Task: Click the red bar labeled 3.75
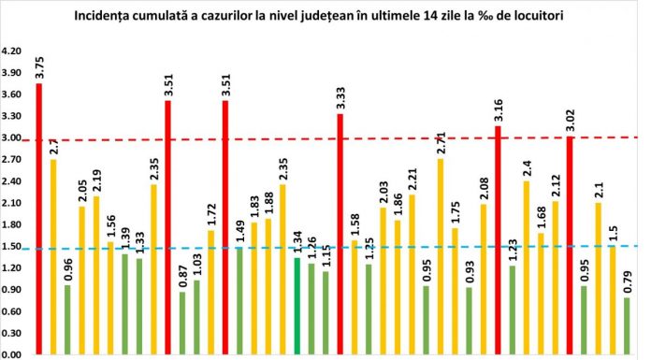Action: (39, 220)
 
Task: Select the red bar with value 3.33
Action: (340, 234)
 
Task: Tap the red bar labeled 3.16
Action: (499, 240)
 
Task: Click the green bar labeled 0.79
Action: (627, 326)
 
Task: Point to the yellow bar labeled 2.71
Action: (441, 257)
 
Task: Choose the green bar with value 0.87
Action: (182, 323)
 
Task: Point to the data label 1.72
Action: (211, 215)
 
